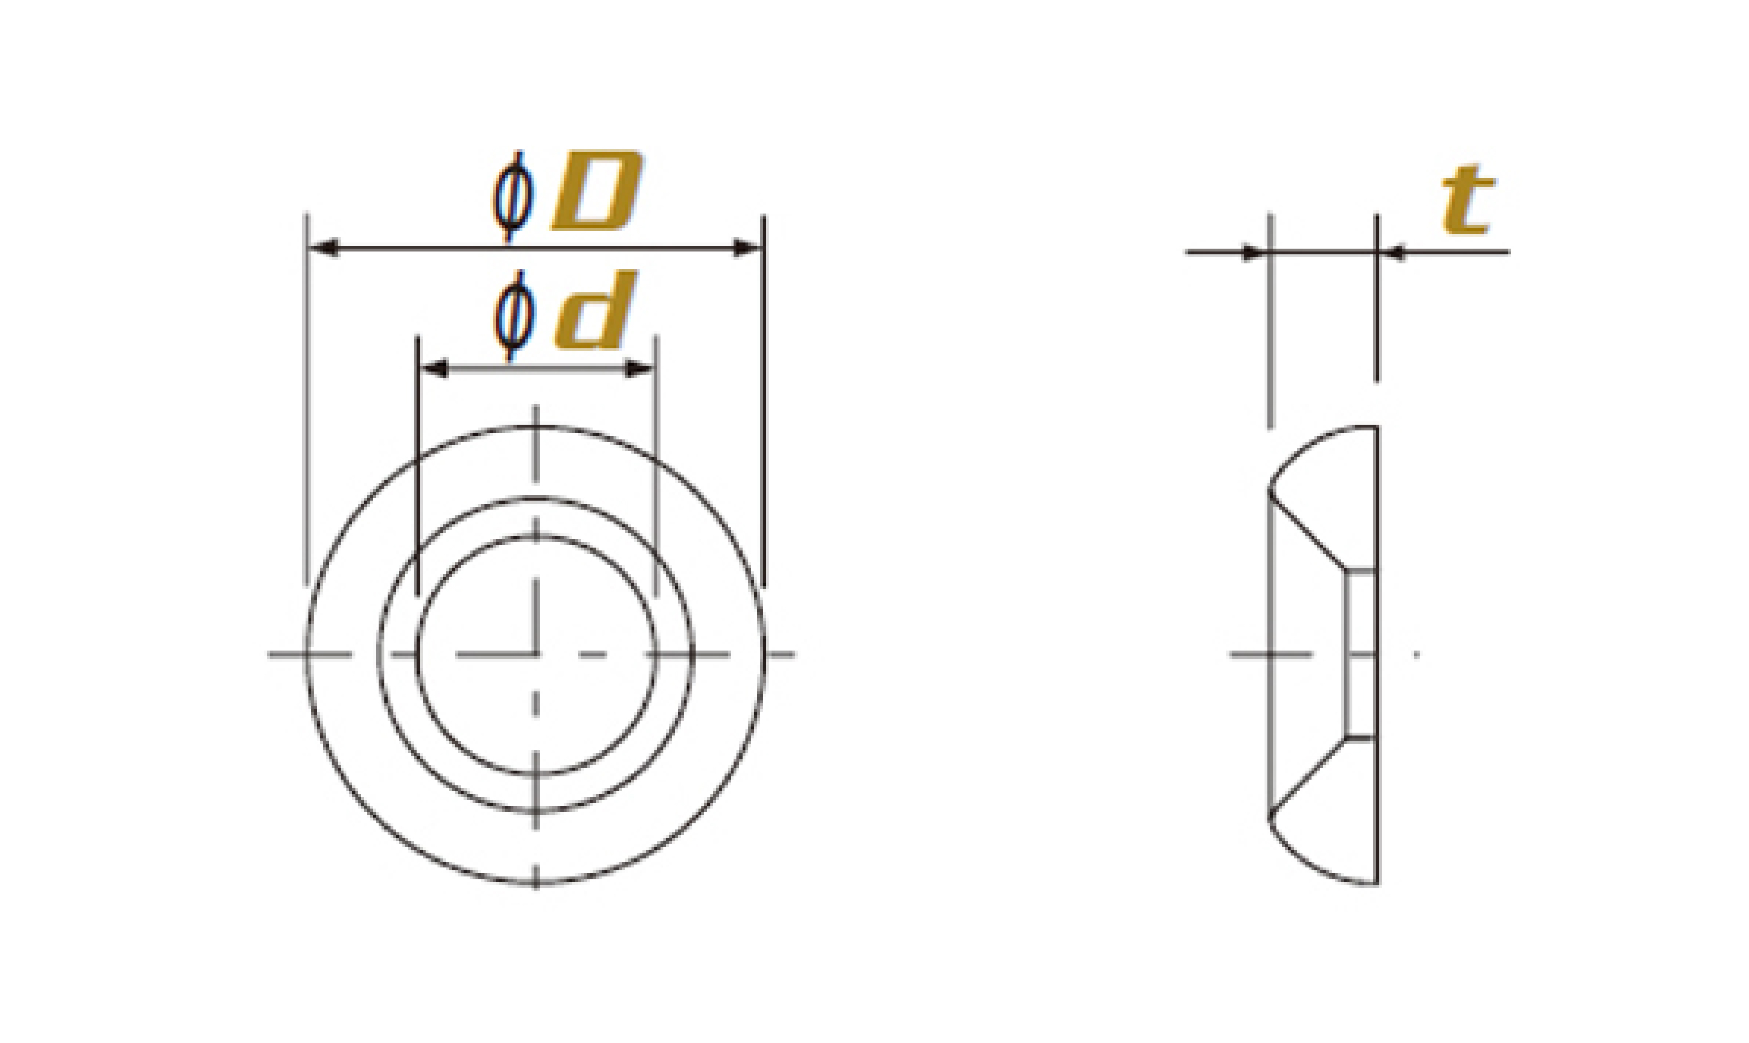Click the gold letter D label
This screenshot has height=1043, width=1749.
(597, 190)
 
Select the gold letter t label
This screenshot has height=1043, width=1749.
(1467, 200)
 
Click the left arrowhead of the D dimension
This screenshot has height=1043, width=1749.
(325, 248)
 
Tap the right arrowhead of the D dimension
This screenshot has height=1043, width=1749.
(747, 248)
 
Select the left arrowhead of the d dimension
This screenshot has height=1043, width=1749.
(434, 368)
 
